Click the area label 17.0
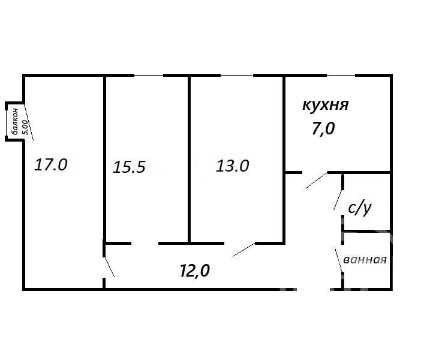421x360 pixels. click(x=51, y=164)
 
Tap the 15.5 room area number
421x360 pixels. click(x=129, y=167)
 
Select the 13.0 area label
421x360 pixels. click(x=233, y=166)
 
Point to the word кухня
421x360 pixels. click(x=326, y=105)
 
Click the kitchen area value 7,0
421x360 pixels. click(x=323, y=128)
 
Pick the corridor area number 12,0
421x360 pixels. click(x=195, y=270)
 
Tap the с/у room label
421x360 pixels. click(x=360, y=208)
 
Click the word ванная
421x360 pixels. click(x=365, y=260)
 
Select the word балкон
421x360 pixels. click(x=14, y=121)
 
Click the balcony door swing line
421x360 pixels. click(x=29, y=122)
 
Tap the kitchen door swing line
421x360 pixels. click(x=317, y=180)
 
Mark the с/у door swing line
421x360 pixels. click(x=338, y=200)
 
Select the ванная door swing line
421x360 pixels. click(x=339, y=260)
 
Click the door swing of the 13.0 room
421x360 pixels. click(x=244, y=250)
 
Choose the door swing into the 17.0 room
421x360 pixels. click(x=109, y=267)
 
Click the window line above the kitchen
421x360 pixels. click(x=341, y=75)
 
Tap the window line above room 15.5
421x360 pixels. click(x=149, y=75)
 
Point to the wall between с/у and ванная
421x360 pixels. click(x=367, y=231)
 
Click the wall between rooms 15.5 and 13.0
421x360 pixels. click(x=190, y=160)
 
